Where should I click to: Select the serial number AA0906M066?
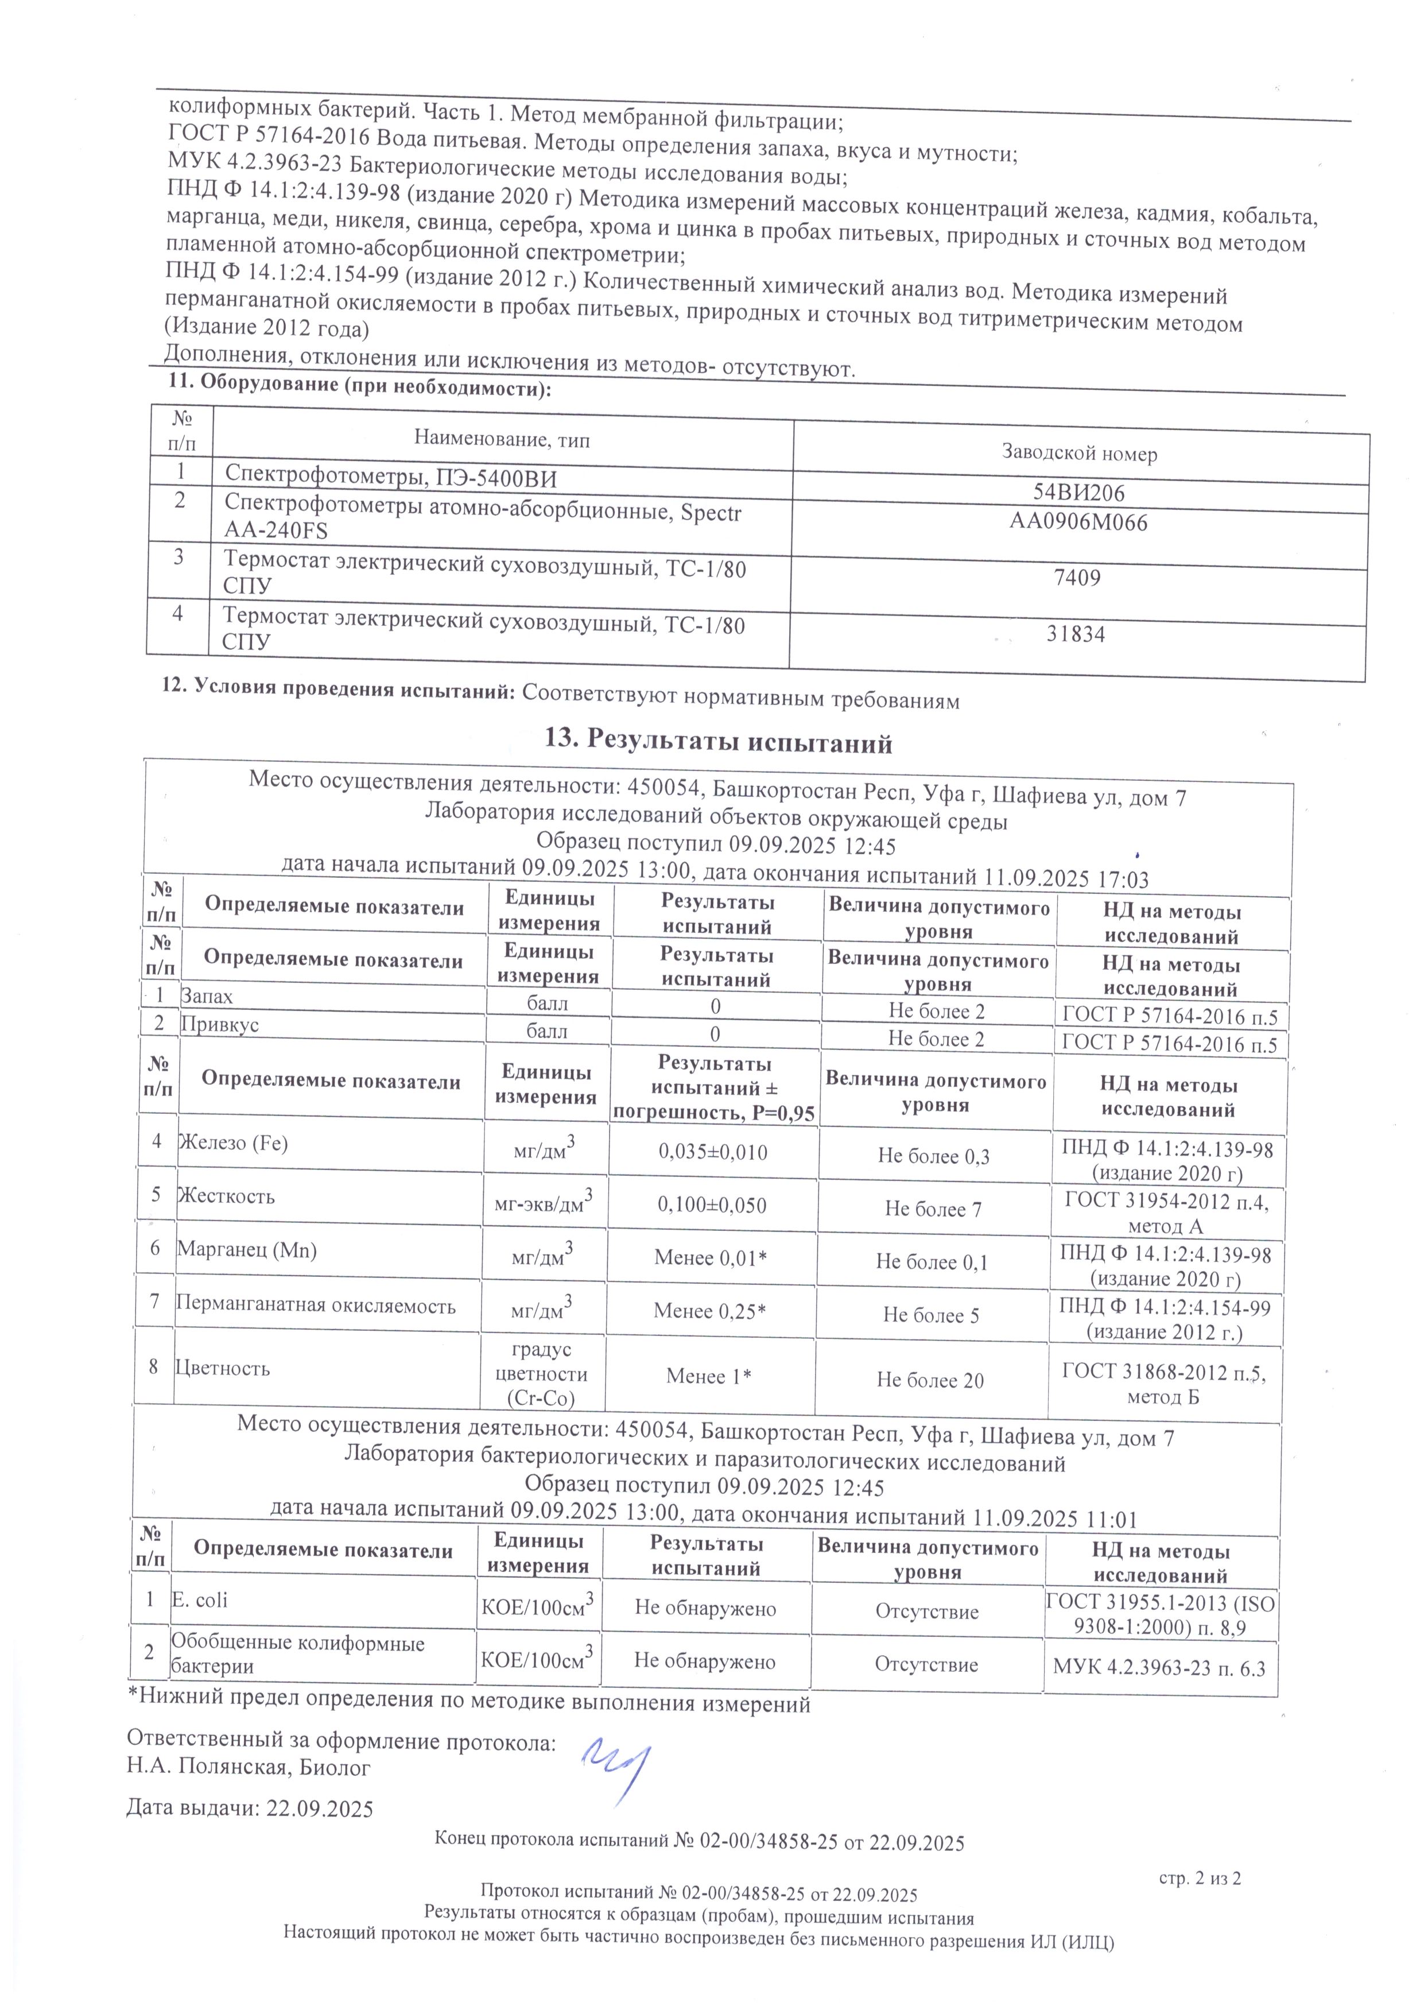pos(1078,523)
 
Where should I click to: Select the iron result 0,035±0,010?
pos(713,1152)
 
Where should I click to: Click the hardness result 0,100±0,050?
pos(712,1205)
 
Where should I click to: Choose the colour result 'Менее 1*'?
pos(708,1376)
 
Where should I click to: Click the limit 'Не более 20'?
pos(930,1381)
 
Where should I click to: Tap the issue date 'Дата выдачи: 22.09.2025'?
pos(250,1808)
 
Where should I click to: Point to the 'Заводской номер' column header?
pos(1080,454)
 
